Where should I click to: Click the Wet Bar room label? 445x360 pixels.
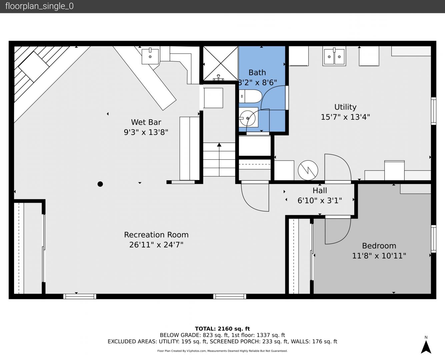[146, 122]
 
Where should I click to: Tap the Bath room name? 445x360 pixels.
[257, 73]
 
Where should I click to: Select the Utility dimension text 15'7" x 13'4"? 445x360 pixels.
[345, 117]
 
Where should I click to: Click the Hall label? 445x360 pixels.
[320, 191]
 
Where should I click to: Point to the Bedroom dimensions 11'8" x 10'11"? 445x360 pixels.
[379, 256]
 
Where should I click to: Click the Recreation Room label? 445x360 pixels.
[156, 235]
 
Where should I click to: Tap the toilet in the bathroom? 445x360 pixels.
[250, 96]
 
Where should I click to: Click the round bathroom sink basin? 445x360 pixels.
[248, 118]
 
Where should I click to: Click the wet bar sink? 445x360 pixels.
[150, 56]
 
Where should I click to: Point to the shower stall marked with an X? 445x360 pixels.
[221, 63]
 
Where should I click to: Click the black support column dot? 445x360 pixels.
[100, 184]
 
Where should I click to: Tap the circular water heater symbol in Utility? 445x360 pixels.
[308, 170]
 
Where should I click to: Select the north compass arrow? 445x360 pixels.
[426, 347]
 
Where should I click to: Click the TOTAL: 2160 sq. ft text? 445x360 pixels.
[222, 329]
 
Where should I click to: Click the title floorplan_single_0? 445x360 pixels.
[39, 6]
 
